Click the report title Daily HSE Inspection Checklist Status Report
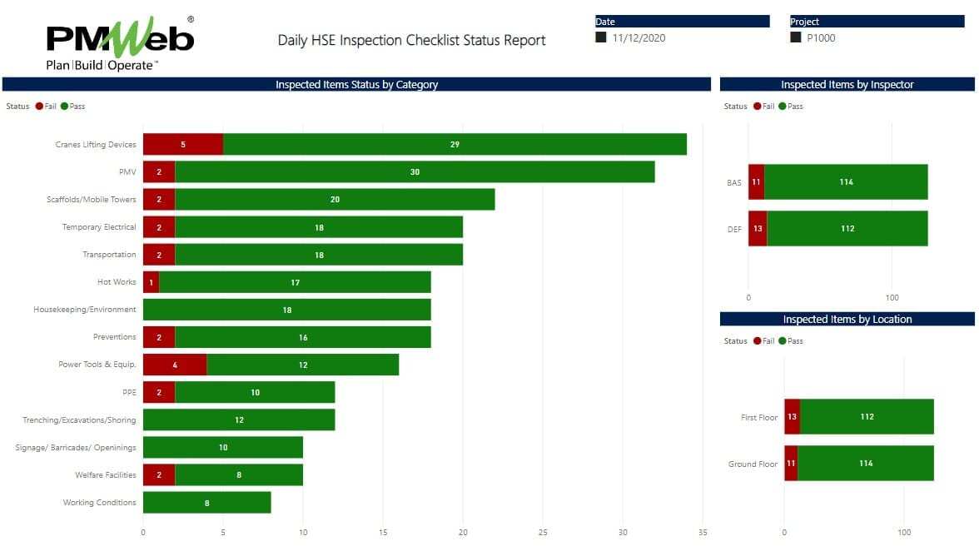tap(411, 40)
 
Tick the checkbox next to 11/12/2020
tap(601, 37)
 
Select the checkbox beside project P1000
tap(796, 37)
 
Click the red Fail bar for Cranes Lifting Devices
tap(182, 144)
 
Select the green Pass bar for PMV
tap(415, 171)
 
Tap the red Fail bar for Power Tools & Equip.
tap(174, 365)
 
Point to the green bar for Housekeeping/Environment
tap(286, 310)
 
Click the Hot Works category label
tap(117, 282)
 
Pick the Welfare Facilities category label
tap(105, 475)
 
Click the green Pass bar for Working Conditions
tap(206, 503)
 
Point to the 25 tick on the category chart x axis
tap(543, 532)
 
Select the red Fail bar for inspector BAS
tap(756, 182)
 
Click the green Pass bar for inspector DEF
tap(847, 229)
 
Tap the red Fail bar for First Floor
tap(792, 417)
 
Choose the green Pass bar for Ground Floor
tap(866, 464)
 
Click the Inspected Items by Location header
tap(847, 320)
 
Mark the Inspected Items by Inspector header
tap(847, 85)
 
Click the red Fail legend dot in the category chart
tap(39, 107)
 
